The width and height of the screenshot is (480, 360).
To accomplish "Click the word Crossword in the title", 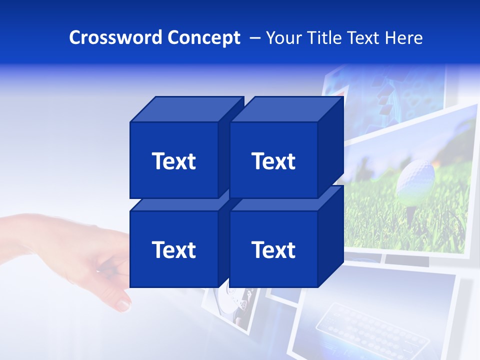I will click(x=116, y=38).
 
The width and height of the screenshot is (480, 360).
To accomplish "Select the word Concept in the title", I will click(x=204, y=38).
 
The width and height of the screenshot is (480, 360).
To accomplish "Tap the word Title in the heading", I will click(x=325, y=38).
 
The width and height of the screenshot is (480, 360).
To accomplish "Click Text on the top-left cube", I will click(x=173, y=161).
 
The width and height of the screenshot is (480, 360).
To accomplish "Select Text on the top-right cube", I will click(x=273, y=161).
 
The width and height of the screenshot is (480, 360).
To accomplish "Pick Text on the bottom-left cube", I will click(x=173, y=250).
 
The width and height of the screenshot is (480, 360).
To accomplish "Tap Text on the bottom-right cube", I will click(x=273, y=250).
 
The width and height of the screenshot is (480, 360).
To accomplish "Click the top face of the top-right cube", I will click(x=287, y=109).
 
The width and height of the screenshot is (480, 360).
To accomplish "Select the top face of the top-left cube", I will click(x=186, y=109).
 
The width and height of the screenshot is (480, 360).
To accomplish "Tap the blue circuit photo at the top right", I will click(x=395, y=95).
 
